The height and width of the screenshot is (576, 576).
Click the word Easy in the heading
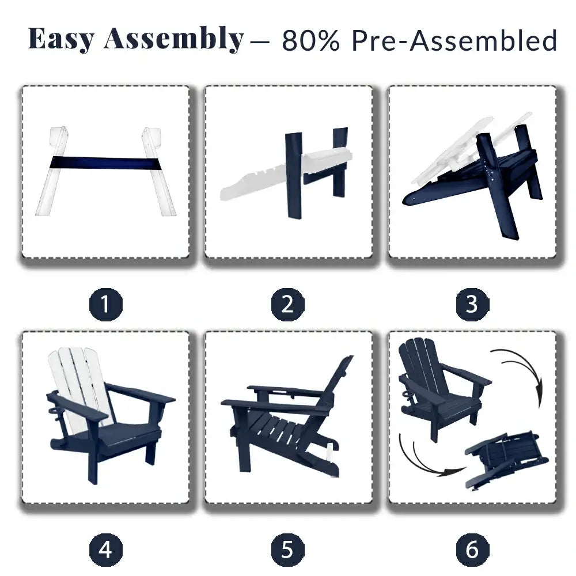(x=62, y=39)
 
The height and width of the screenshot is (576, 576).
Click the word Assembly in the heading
(x=174, y=39)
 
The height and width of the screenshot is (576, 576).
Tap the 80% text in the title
(x=311, y=40)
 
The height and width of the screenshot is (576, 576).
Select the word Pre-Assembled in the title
(x=454, y=40)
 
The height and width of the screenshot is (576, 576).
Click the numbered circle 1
(x=106, y=305)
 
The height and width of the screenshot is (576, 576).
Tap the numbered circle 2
(x=287, y=305)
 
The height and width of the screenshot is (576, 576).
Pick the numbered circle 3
(x=472, y=305)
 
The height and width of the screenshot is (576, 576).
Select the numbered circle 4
(x=106, y=550)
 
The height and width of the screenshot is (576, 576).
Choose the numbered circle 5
(x=287, y=550)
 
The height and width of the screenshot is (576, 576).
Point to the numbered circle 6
(x=472, y=550)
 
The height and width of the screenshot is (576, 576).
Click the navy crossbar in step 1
(x=106, y=163)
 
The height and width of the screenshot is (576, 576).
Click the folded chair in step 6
(x=507, y=459)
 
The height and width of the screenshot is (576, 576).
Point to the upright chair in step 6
(x=441, y=389)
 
